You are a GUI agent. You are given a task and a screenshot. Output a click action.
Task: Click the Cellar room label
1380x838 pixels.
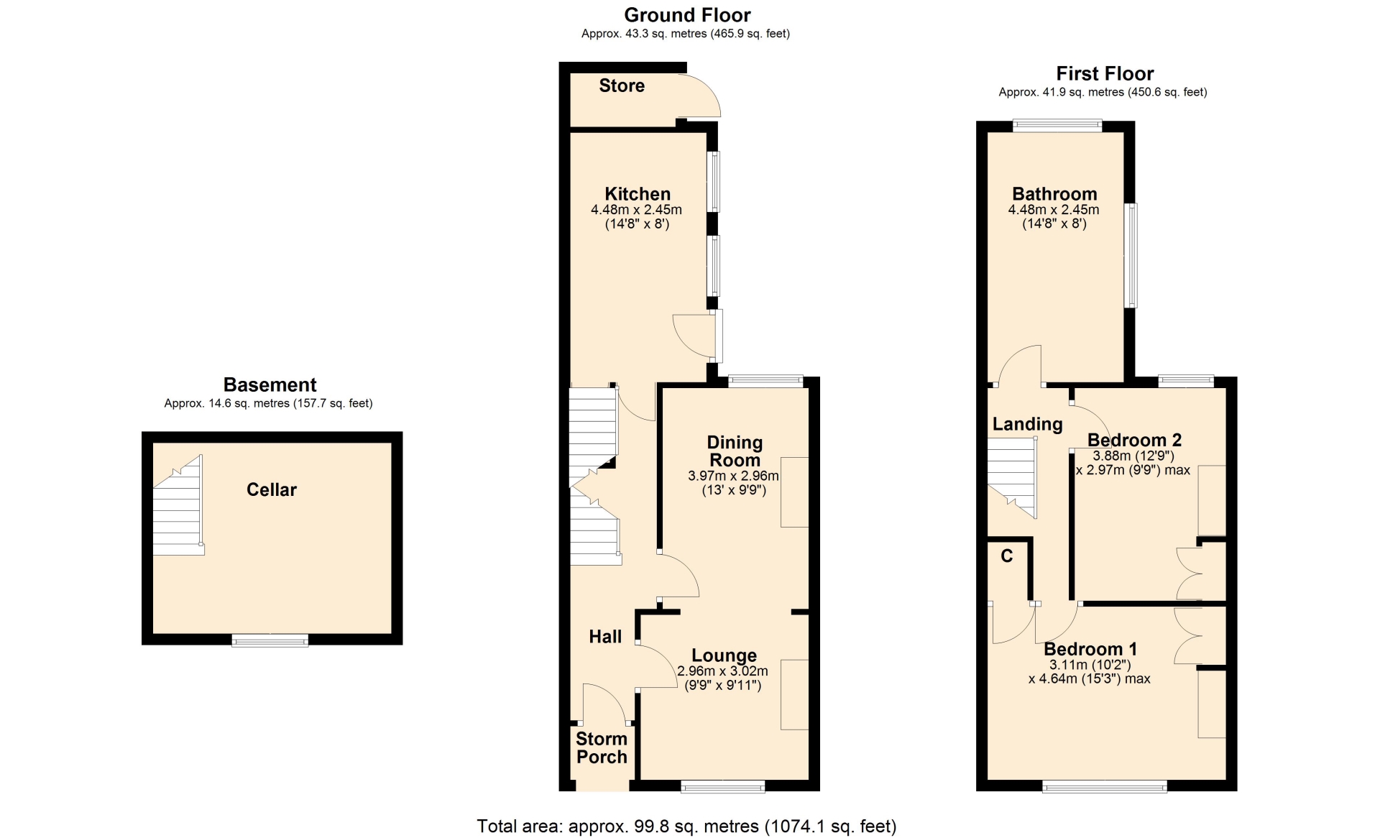pyautogui.click(x=271, y=489)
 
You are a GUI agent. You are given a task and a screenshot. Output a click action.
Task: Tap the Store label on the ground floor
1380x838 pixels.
pyautogui.click(x=622, y=86)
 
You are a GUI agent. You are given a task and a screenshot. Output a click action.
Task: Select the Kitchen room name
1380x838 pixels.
pyautogui.click(x=638, y=194)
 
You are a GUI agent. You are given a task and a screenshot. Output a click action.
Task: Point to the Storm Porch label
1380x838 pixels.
pyautogui.click(x=602, y=747)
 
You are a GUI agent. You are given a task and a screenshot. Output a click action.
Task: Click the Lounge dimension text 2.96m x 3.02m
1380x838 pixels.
pyautogui.click(x=722, y=671)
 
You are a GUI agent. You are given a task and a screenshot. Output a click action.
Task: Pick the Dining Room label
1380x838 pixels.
pyautogui.click(x=735, y=451)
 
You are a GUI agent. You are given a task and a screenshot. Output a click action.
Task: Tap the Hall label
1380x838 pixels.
pyautogui.click(x=605, y=636)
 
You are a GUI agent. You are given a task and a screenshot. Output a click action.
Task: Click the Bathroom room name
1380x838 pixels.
pyautogui.click(x=1054, y=194)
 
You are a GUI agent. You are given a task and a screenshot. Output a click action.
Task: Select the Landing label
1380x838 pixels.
pyautogui.click(x=1027, y=424)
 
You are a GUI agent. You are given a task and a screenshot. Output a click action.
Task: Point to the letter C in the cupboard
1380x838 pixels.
pyautogui.click(x=1007, y=556)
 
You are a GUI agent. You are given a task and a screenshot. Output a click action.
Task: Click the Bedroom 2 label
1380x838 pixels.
pyautogui.click(x=1134, y=440)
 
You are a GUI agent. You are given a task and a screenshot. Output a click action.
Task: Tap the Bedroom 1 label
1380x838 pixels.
pyautogui.click(x=1090, y=650)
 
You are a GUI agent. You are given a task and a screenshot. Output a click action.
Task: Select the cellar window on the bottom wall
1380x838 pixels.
pyautogui.click(x=270, y=640)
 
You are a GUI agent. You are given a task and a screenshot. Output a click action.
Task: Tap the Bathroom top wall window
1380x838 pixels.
pyautogui.click(x=1057, y=126)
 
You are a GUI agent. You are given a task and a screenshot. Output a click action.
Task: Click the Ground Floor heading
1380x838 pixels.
pyautogui.click(x=687, y=15)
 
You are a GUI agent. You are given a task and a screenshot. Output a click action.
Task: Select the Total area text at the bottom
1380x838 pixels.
pyautogui.click(x=686, y=827)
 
